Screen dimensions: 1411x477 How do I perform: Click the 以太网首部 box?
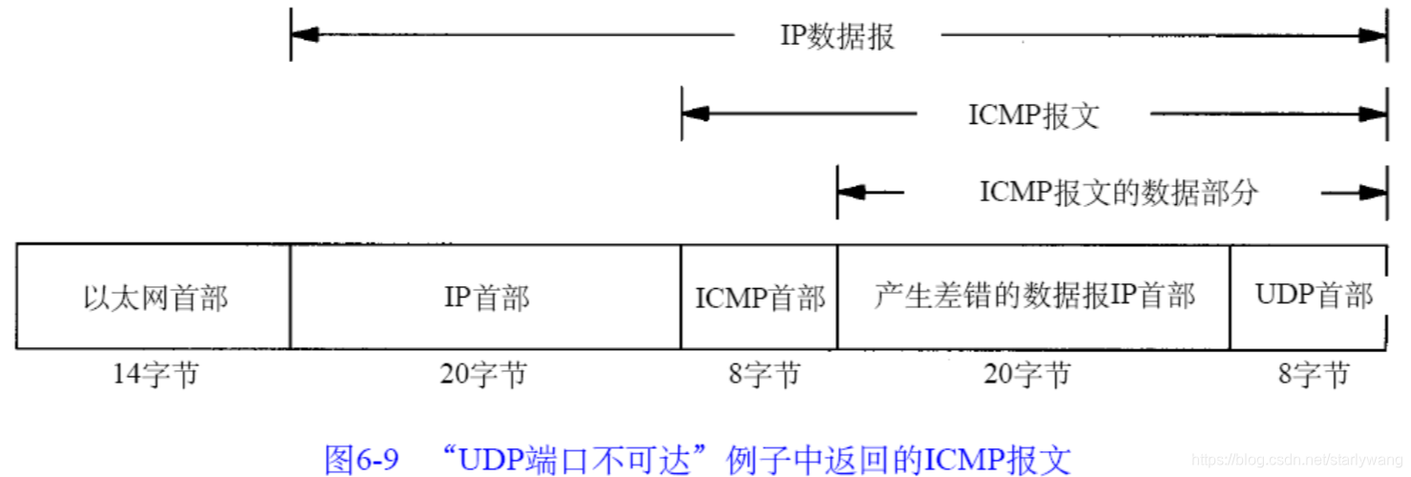155,298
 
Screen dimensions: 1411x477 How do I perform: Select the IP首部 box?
486,298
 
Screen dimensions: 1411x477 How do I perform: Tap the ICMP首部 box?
760,298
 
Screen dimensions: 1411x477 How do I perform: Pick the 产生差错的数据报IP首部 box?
1034,296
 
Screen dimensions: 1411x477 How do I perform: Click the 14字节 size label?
156,375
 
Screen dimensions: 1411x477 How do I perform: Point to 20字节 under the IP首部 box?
483,375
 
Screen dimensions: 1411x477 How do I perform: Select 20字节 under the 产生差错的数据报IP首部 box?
1027,375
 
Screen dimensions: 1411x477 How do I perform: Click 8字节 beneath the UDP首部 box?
1314,375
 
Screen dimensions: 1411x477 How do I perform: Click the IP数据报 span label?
837,36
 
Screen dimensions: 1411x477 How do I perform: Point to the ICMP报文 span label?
1034,115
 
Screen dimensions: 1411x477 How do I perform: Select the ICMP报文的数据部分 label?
1119,193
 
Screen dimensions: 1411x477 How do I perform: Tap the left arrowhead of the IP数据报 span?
305,35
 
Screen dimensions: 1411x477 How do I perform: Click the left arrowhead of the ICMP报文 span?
696,114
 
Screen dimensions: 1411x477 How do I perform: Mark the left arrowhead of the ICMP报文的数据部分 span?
852,193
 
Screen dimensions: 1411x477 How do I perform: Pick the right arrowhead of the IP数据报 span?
1374,35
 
